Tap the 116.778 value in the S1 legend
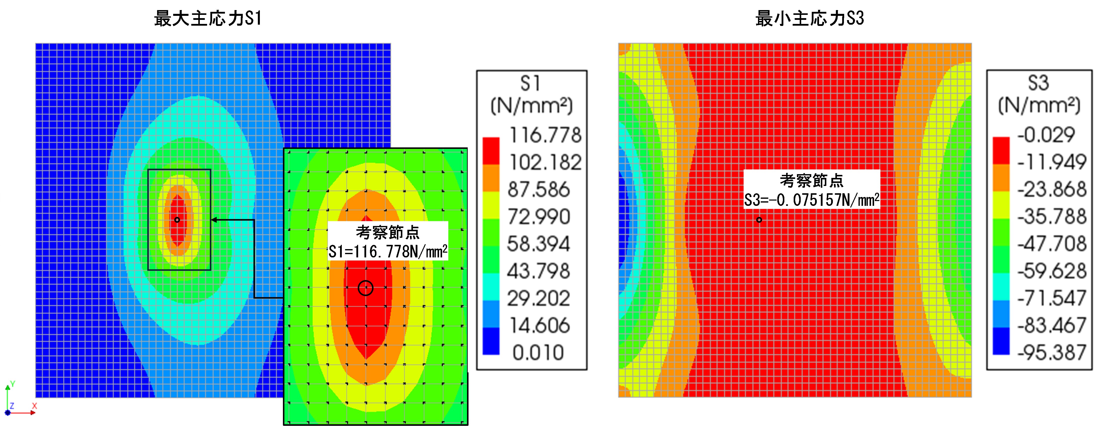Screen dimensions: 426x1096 (545, 135)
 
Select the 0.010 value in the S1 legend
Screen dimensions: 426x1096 (538, 353)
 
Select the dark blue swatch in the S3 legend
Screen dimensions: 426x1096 (1001, 341)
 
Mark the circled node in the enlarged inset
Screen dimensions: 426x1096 (365, 288)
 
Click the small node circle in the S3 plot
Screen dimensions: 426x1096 (759, 220)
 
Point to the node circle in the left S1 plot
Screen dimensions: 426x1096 (177, 220)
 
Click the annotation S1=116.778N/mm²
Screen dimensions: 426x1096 (388, 252)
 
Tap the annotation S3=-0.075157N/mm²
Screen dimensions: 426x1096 (811, 200)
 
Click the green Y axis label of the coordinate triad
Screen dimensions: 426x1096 (13, 384)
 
